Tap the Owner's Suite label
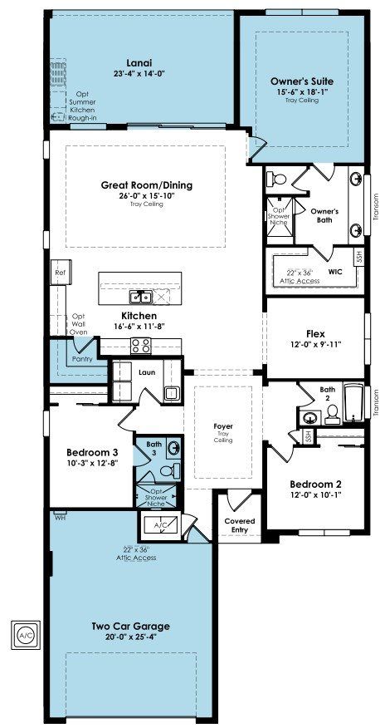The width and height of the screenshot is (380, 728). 302,81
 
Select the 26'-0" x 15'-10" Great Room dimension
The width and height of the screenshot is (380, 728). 146,195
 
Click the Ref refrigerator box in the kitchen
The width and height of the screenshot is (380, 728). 61,273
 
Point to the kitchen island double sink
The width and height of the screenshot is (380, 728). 140,296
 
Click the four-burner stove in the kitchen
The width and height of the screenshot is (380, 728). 141,346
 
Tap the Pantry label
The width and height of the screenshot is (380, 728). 82,359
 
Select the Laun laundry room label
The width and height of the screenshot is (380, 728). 148,371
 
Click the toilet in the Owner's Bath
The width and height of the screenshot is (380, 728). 280,179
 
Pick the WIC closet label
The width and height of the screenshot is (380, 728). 335,272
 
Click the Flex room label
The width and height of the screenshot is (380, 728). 315,334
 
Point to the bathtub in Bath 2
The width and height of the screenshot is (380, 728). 354,403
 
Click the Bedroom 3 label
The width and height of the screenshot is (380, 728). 92,452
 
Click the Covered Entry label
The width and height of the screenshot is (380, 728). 240,525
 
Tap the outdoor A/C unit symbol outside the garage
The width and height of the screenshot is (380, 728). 26,634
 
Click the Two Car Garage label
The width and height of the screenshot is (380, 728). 130,627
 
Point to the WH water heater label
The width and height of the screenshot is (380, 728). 59,517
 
